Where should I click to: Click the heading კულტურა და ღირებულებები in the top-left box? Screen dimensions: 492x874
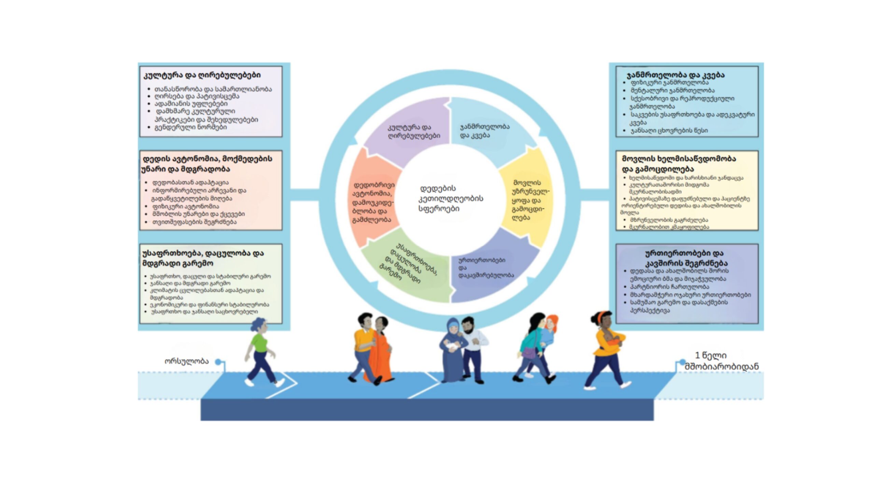tap(202, 75)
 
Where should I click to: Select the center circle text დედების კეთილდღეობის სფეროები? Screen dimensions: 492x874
tap(451, 199)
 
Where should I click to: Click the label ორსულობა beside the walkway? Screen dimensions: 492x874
tap(186, 361)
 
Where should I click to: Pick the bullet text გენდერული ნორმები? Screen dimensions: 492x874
tap(191, 127)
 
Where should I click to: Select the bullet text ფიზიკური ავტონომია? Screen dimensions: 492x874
tap(186, 206)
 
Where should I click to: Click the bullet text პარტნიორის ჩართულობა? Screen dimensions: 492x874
tap(669, 287)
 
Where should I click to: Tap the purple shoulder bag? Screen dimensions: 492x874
tap(530, 353)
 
